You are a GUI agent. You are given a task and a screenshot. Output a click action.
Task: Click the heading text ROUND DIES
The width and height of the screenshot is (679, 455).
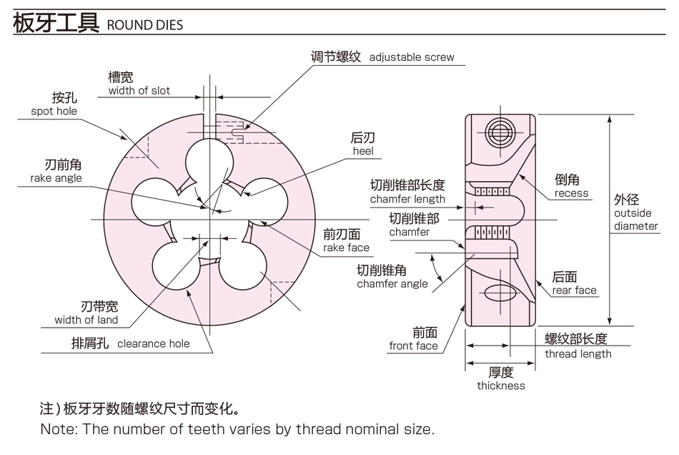[x=145, y=25]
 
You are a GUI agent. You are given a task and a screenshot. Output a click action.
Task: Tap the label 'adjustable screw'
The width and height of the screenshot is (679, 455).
[x=412, y=57]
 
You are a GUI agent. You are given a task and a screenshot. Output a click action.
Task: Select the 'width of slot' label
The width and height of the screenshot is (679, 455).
[x=139, y=91]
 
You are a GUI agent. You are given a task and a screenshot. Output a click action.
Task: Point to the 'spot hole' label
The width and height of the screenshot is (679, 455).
[x=54, y=112]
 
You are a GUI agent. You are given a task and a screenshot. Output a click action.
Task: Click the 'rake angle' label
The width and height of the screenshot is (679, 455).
[x=56, y=178]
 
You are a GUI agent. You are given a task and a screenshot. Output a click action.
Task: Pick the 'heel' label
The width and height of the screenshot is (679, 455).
[x=363, y=151]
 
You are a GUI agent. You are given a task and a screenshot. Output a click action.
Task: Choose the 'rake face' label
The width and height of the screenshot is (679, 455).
[x=346, y=248]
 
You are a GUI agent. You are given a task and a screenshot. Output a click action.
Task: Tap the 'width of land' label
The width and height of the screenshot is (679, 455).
[x=86, y=321]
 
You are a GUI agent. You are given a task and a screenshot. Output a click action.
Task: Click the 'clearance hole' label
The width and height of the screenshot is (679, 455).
[x=153, y=343]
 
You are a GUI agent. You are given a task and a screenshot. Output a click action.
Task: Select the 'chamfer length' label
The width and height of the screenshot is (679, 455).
[x=407, y=200]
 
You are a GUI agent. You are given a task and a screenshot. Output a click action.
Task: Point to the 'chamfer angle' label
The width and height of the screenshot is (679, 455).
[x=392, y=284]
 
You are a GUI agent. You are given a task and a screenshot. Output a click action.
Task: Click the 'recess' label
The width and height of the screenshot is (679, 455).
[x=572, y=193]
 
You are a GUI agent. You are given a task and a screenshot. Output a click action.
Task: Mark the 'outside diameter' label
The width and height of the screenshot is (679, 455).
[x=635, y=220]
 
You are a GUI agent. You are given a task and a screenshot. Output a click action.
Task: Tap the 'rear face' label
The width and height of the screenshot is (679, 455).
[x=574, y=290]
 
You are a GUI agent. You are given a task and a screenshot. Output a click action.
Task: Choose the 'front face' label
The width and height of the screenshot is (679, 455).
[x=413, y=346]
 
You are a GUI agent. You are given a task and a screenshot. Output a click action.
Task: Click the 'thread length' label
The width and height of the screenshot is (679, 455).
[x=578, y=354]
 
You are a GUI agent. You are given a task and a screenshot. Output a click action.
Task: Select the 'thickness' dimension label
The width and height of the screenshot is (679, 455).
[x=501, y=386]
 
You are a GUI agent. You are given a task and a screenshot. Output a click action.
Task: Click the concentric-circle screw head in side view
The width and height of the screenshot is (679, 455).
[x=500, y=132]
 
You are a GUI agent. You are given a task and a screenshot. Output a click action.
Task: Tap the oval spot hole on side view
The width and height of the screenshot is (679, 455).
[x=500, y=293]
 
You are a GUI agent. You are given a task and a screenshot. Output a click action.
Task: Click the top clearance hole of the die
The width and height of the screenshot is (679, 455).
[x=209, y=162]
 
